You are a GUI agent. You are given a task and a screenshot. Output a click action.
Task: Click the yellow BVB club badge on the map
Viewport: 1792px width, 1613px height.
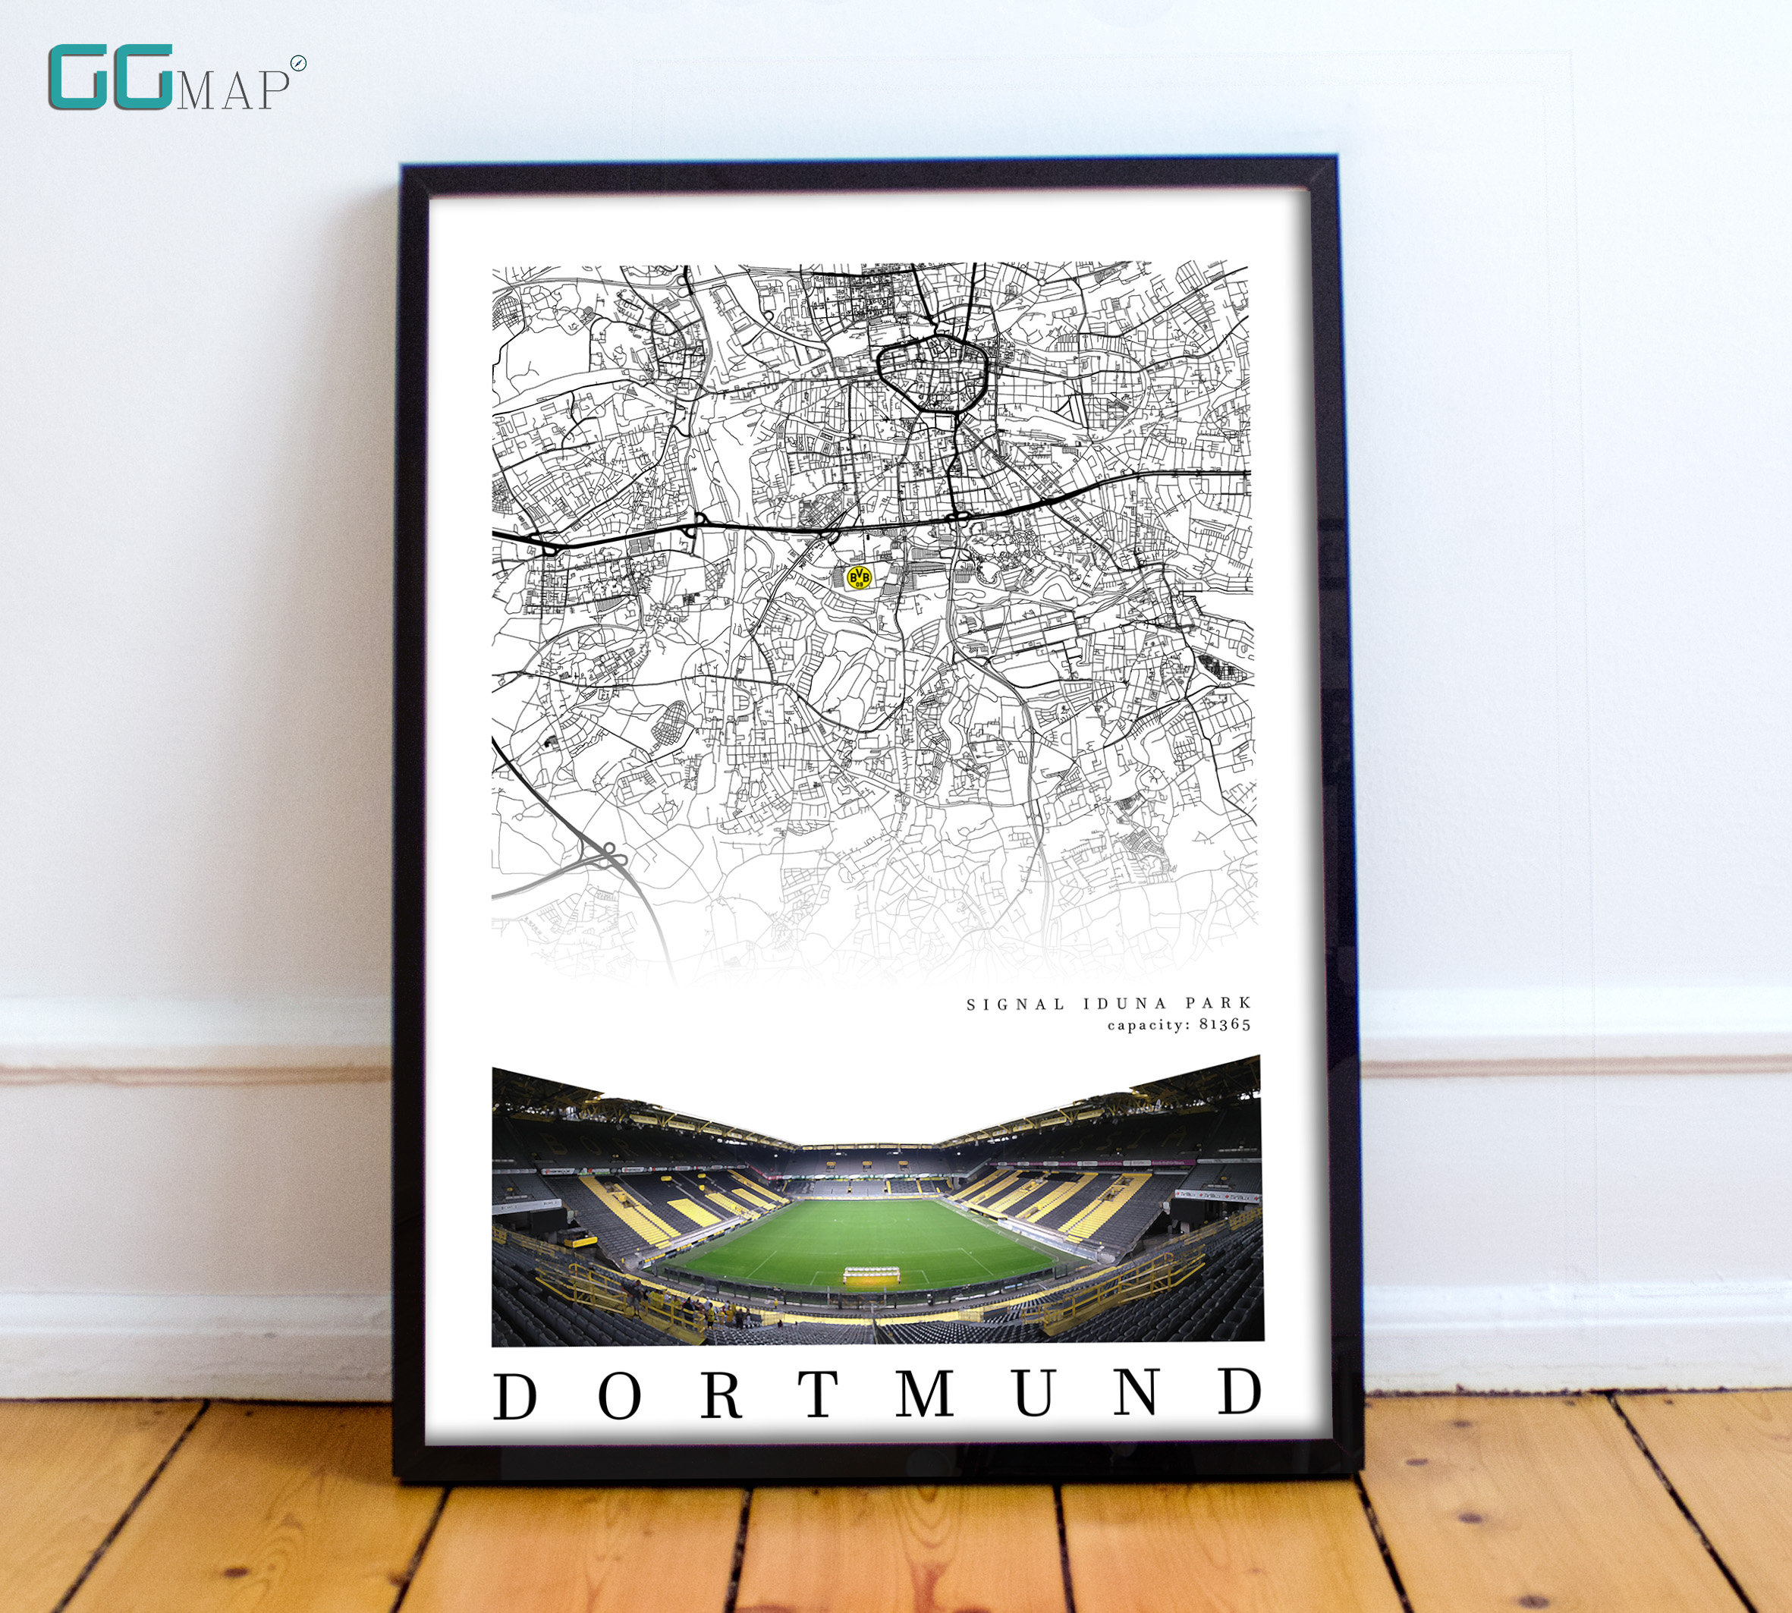point(859,578)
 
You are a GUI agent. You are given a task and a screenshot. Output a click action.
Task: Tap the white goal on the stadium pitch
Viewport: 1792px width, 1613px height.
point(870,1274)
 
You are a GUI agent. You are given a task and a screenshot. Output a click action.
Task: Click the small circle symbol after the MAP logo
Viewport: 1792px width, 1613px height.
point(299,63)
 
